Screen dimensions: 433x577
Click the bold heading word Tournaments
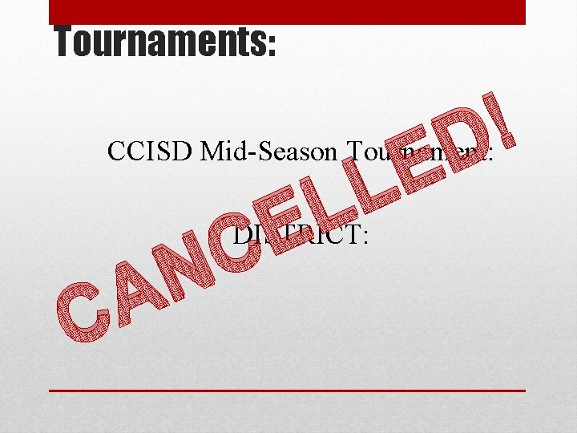tap(160, 42)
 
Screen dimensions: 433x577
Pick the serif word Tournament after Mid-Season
tap(416, 151)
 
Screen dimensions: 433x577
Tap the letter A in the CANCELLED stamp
tap(137, 289)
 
